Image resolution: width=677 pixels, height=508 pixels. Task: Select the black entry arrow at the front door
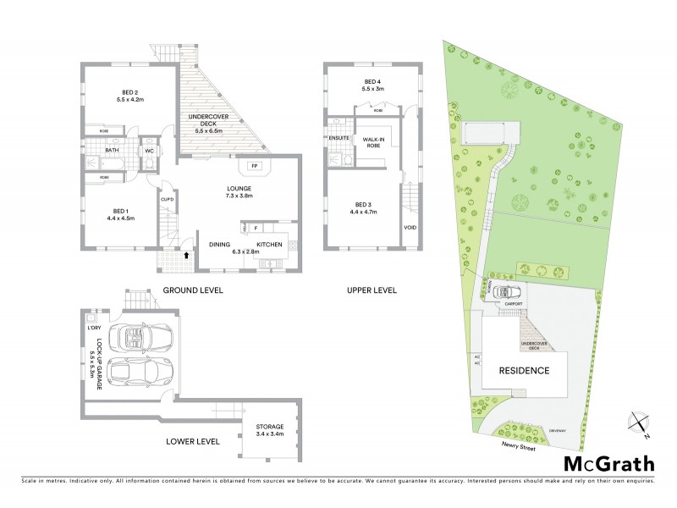pos(187,253)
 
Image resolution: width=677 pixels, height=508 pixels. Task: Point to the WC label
pos(148,151)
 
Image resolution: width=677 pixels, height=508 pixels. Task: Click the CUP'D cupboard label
pos(168,200)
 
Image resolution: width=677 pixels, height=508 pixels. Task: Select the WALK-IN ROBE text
pos(375,141)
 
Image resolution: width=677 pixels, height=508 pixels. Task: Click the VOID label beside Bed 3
pos(410,227)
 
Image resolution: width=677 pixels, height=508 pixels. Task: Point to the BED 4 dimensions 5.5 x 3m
pos(373,89)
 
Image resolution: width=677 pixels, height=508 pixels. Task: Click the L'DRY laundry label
pos(95,328)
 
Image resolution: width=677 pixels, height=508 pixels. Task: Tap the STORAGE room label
pos(271,427)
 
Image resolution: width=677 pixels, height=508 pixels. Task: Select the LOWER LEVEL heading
pos(193,441)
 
